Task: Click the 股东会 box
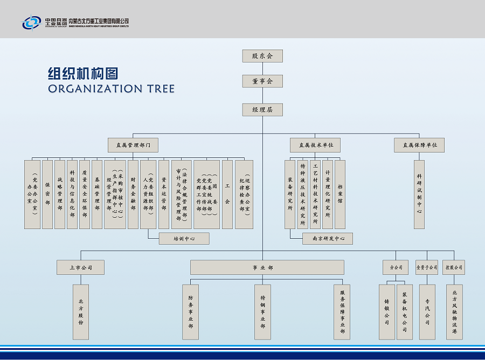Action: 262,56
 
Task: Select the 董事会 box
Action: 262,81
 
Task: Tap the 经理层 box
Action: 262,109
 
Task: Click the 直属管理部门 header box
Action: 133,145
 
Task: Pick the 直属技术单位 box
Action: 315,145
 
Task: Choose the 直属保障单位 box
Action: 419,145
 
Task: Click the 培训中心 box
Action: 184,238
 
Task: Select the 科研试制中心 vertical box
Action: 419,194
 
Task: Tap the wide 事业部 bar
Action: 267,267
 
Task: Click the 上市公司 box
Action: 81,267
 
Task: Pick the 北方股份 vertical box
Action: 81,312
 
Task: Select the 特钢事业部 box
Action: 262,312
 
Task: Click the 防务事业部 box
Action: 190,312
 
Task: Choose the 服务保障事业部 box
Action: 342,312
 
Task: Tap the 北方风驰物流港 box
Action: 454,312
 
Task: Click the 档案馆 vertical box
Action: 339,194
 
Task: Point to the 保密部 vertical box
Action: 47,194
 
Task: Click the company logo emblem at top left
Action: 31,23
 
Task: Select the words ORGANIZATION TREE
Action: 112,88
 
